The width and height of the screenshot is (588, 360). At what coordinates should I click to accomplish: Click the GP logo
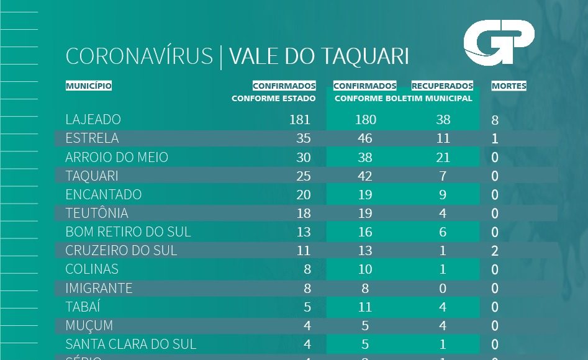499,42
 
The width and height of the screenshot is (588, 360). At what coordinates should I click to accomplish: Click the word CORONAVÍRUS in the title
139,56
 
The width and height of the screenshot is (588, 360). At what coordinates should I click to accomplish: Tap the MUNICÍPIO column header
89,86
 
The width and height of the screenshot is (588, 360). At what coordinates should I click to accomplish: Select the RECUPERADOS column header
442,86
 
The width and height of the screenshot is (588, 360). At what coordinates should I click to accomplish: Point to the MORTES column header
509,86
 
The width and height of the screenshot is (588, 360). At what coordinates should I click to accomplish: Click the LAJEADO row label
93,119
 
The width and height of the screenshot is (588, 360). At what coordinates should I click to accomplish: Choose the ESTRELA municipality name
92,138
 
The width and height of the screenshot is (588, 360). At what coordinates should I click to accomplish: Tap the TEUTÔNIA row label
97,213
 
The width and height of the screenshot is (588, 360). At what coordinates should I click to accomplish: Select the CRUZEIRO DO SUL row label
121,250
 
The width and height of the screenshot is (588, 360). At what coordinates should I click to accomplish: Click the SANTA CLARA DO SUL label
130,344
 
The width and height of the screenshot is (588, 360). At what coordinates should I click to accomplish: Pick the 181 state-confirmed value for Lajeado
299,120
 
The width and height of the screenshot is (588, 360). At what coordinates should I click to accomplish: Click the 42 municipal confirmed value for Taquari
365,176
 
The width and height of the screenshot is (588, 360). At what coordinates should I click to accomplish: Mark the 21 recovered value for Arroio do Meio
443,157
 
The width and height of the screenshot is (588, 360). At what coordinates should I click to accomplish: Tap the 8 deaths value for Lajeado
495,120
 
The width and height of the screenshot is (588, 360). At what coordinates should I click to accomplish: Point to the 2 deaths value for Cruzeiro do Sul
495,251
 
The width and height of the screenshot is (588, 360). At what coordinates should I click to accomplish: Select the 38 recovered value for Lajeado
443,120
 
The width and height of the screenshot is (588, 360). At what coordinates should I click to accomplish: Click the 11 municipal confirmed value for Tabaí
365,307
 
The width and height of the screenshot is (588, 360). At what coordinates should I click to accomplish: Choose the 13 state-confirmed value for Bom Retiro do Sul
303,232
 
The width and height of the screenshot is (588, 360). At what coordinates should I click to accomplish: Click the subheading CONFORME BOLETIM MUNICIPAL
403,98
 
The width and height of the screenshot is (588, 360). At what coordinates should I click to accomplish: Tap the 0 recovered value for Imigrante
443,288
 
